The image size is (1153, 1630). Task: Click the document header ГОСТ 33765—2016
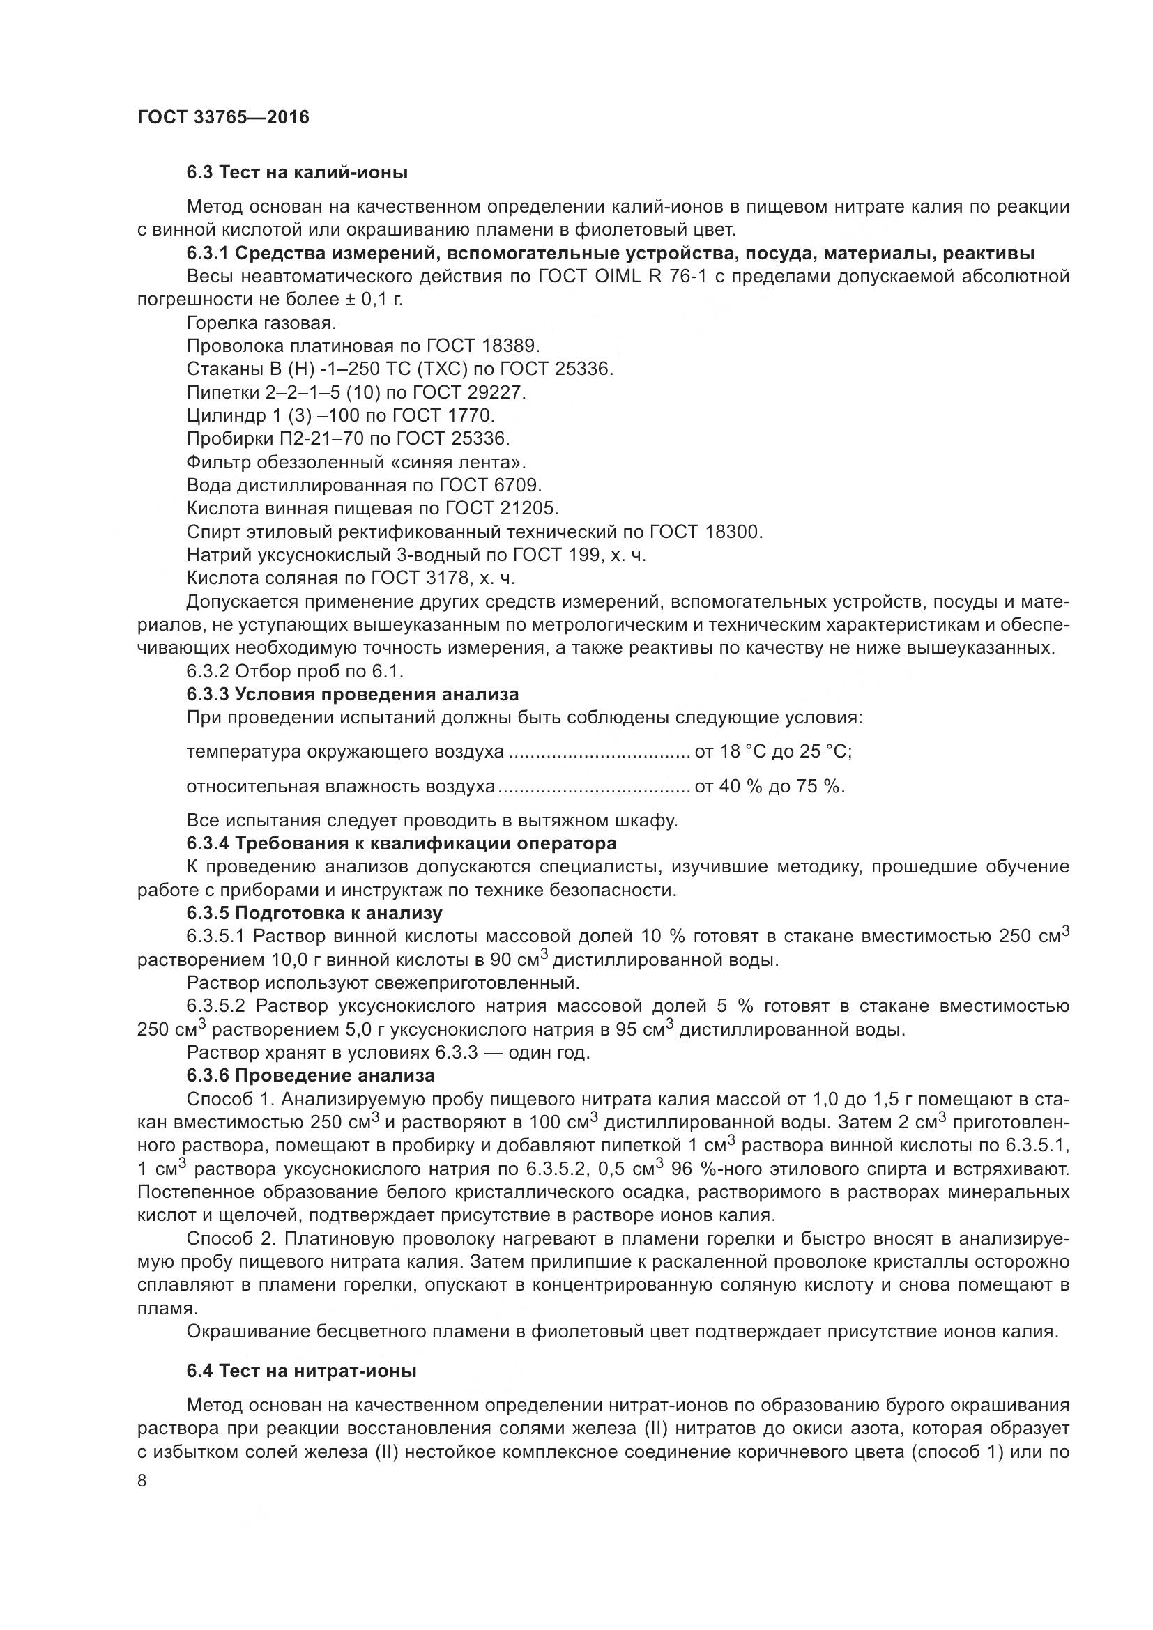[x=224, y=118]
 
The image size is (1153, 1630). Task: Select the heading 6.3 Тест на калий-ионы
[x=297, y=173]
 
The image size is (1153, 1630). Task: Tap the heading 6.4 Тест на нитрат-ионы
[x=301, y=1371]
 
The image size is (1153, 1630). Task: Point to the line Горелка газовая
[x=261, y=323]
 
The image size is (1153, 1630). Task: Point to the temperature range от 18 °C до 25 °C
[x=773, y=751]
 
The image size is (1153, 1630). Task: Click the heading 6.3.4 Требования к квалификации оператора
[x=401, y=843]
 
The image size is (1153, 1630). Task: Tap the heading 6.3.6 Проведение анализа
[x=310, y=1075]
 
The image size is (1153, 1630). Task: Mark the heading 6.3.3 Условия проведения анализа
[x=352, y=693]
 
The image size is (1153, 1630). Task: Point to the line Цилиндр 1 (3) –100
[x=341, y=415]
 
